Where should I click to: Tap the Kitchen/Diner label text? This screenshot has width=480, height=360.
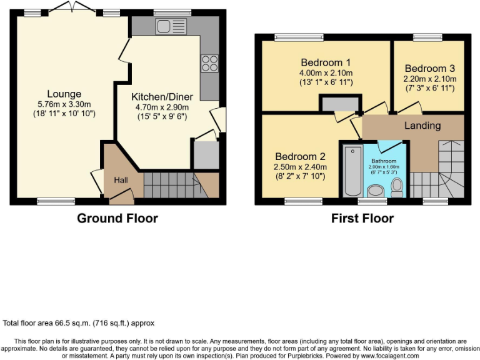pyautogui.click(x=162, y=97)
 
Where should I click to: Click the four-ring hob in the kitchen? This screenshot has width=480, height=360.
pyautogui.click(x=209, y=64)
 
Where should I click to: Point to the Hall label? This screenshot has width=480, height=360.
pyautogui.click(x=122, y=180)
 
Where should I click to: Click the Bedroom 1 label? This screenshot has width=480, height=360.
pyautogui.click(x=326, y=62)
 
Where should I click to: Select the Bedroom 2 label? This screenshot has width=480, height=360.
pyautogui.click(x=297, y=156)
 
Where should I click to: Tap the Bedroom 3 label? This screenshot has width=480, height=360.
pyautogui.click(x=429, y=68)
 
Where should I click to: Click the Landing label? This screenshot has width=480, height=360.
pyautogui.click(x=422, y=126)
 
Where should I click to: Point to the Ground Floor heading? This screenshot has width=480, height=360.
pyautogui.click(x=117, y=218)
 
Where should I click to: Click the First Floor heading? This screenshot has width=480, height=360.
pyautogui.click(x=362, y=218)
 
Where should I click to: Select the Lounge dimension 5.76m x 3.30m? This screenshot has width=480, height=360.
pyautogui.click(x=64, y=104)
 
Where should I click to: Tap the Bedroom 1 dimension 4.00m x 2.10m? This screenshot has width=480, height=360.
pyautogui.click(x=326, y=73)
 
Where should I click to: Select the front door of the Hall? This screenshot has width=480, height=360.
pyautogui.click(x=121, y=198)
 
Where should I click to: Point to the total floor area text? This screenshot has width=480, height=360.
pyautogui.click(x=79, y=323)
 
